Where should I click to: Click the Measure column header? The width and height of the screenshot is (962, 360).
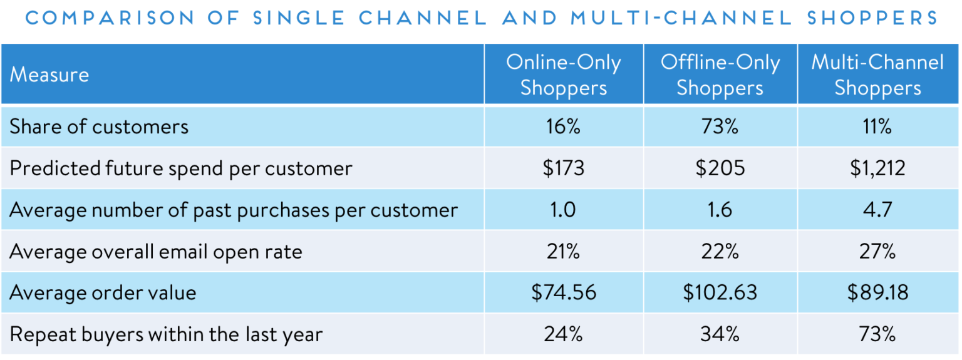click(x=49, y=75)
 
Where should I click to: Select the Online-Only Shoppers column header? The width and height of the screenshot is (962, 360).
click(x=564, y=75)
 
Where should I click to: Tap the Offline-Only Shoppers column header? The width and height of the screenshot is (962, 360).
click(x=720, y=75)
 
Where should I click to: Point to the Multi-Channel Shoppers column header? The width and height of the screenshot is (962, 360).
click(x=877, y=75)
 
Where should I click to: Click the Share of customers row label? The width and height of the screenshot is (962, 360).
click(x=99, y=126)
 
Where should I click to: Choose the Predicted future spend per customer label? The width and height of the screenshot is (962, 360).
click(x=181, y=168)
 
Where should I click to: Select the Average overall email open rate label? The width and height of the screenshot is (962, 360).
click(x=155, y=252)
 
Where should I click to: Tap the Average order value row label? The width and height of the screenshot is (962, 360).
click(x=103, y=292)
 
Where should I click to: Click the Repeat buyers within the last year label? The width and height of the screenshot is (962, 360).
click(x=166, y=334)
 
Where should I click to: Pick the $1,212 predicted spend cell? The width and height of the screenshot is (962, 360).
click(x=877, y=168)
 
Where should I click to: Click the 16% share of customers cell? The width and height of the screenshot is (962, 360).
click(x=563, y=126)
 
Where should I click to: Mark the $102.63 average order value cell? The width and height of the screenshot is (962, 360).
click(x=720, y=292)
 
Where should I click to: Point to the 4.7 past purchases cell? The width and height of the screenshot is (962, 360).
click(x=877, y=210)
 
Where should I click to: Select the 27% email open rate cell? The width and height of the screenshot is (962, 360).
click(x=877, y=252)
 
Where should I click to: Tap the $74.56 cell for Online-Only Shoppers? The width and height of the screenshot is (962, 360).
click(x=564, y=292)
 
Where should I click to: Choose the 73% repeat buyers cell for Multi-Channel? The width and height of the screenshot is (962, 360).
click(x=877, y=334)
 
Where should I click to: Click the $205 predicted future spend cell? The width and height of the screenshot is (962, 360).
click(x=720, y=168)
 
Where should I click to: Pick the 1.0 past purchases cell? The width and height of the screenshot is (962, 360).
click(x=563, y=210)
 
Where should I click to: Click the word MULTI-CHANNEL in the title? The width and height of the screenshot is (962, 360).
click(x=681, y=18)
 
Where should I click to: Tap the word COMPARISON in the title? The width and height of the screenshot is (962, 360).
click(x=110, y=18)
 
